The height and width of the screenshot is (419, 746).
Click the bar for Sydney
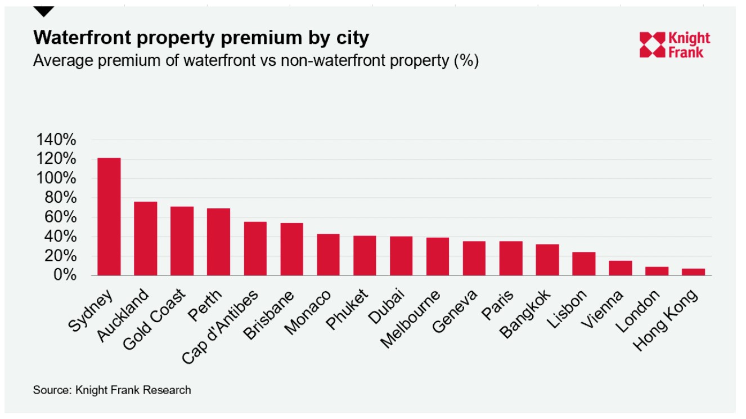109,217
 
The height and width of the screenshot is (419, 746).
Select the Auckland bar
145,239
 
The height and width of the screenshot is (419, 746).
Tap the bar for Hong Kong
693,272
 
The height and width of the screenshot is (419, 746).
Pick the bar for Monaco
328,255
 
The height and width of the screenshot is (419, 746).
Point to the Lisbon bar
584,264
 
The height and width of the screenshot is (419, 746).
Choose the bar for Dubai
401,256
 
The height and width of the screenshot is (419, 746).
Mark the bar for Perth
218,242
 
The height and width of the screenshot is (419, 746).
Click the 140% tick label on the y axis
56,140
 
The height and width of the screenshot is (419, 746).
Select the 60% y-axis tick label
60,217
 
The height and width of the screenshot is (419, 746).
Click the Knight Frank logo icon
652,45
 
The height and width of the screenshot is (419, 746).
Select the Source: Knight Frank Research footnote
112,390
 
